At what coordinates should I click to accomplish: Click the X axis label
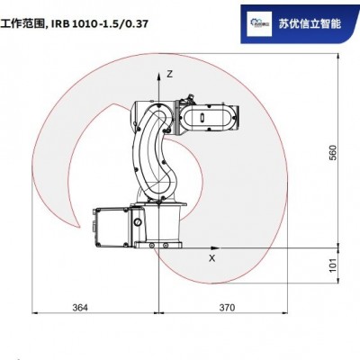[211, 257]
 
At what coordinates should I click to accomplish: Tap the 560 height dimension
[333, 154]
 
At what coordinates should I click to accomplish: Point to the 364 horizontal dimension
[79, 308]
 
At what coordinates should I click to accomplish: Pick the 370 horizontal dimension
[226, 308]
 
